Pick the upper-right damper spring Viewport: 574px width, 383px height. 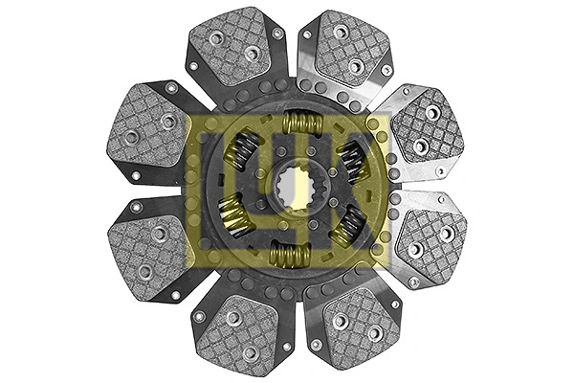[352, 158]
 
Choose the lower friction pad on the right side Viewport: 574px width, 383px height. [431, 240]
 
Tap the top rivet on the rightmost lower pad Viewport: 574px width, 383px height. [446, 233]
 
